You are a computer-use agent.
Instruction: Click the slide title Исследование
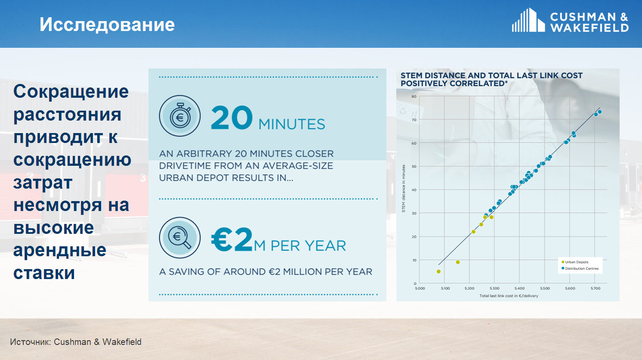(x=107, y=25)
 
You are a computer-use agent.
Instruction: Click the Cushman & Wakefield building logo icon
(x=528, y=20)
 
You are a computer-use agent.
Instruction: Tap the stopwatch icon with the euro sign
(x=180, y=116)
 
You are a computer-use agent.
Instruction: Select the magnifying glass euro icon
(x=180, y=238)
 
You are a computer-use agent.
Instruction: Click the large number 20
(x=231, y=118)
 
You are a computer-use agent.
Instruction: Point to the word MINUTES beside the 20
(x=292, y=124)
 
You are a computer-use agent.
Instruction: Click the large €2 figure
(x=232, y=240)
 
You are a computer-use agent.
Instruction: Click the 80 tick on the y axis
(x=414, y=96)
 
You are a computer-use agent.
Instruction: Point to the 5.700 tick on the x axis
(x=595, y=288)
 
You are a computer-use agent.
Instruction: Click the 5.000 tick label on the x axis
(x=420, y=288)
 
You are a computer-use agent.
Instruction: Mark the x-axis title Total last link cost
(x=509, y=296)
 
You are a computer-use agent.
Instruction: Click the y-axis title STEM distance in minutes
(x=404, y=189)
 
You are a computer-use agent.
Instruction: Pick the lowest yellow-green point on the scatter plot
(x=438, y=271)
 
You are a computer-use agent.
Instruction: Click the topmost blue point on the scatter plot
(x=599, y=112)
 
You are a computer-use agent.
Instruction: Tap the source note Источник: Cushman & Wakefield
(x=76, y=342)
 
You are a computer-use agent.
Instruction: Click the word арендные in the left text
(x=60, y=250)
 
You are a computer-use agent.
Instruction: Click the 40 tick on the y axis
(x=414, y=190)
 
